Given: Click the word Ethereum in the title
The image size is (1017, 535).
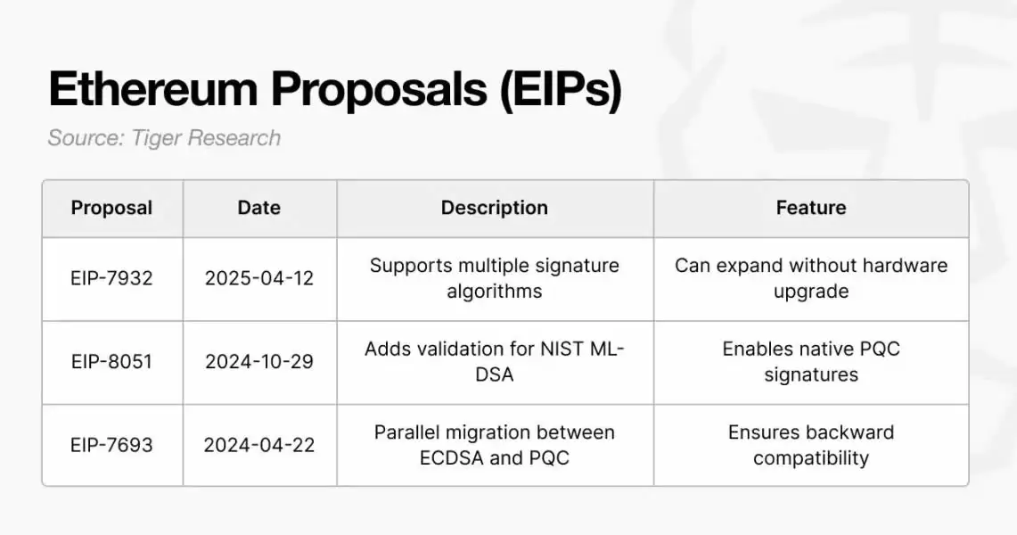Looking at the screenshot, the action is (x=153, y=88).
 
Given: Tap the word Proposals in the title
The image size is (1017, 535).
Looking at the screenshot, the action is (x=379, y=90).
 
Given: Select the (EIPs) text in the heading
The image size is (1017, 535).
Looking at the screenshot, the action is (x=561, y=90).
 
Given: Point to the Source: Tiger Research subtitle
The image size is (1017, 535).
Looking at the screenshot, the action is (x=164, y=138).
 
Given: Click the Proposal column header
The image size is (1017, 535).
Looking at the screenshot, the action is (x=111, y=208).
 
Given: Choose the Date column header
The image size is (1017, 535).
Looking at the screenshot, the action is (x=258, y=208).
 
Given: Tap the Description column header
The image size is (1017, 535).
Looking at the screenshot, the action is (x=494, y=208).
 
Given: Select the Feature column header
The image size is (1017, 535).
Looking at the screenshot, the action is (x=811, y=208).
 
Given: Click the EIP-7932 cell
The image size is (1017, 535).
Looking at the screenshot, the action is (x=111, y=278).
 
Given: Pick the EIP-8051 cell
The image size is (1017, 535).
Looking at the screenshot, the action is (x=111, y=361).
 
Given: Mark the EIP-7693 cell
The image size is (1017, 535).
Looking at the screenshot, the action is (x=111, y=445).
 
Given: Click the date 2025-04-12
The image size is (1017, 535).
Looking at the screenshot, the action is (x=258, y=278).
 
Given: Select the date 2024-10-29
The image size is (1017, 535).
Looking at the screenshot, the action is (x=258, y=361).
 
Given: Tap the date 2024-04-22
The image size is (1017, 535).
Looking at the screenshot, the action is (x=258, y=445).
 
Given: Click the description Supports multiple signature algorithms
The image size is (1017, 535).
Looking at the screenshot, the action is (x=494, y=278).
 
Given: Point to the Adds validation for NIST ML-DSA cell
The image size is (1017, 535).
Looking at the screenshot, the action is (x=494, y=361).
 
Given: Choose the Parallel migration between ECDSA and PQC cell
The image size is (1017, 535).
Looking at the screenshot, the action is (x=494, y=445).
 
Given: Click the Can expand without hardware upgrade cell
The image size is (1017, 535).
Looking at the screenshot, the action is (x=811, y=278).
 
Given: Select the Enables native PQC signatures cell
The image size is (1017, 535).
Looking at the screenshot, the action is (x=811, y=361).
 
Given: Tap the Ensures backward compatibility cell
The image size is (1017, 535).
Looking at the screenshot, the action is (x=811, y=445).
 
